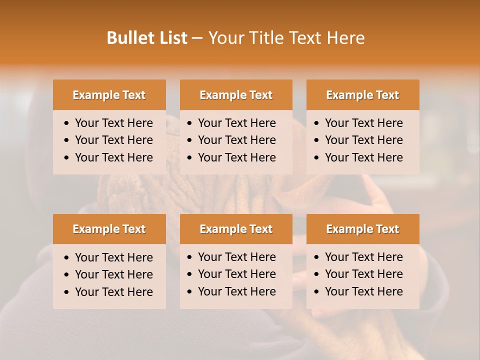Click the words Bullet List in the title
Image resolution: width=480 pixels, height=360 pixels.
[x=147, y=38]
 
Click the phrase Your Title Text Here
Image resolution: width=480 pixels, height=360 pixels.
[x=286, y=38]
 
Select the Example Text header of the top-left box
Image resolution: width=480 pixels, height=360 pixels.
[x=109, y=95]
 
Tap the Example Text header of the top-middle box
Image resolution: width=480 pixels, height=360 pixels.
[x=236, y=95]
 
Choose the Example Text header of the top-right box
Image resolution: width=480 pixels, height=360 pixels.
[x=362, y=95]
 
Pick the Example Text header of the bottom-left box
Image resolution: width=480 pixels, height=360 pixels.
[x=109, y=229]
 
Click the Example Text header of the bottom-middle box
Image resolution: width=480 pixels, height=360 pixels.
[x=236, y=229]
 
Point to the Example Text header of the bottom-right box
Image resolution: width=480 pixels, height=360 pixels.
[x=362, y=229]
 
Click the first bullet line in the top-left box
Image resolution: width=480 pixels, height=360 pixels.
[x=113, y=123]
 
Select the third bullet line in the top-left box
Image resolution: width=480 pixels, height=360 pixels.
[x=113, y=157]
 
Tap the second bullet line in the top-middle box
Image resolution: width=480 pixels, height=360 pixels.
[x=236, y=140]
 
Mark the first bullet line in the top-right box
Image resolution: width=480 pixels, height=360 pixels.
[x=363, y=123]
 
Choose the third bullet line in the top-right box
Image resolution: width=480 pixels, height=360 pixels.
[x=363, y=157]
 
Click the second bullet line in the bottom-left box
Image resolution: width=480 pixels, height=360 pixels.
[x=113, y=274]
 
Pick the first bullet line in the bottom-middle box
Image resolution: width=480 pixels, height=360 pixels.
[x=236, y=257]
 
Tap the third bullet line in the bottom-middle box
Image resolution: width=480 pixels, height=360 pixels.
[x=236, y=291]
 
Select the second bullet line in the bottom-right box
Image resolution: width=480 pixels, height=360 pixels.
[x=363, y=274]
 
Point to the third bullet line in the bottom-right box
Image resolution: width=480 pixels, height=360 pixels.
[x=363, y=291]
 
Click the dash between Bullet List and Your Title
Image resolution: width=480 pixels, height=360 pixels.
[x=197, y=38]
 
